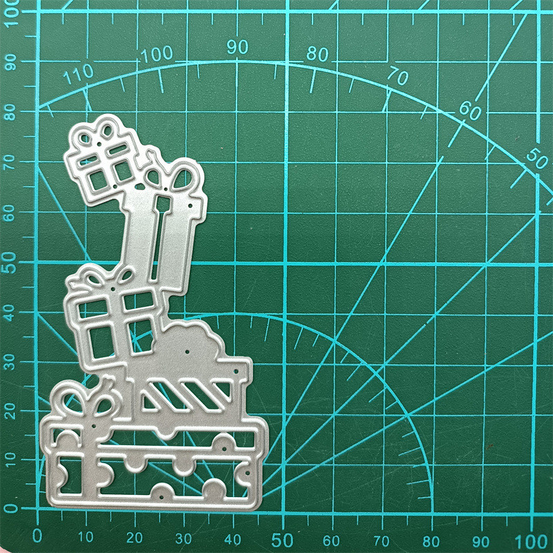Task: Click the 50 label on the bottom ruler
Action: coord(282,540)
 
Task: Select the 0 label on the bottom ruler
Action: coord(37,536)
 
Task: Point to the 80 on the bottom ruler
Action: coord(431,541)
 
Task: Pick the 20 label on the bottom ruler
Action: coord(134,538)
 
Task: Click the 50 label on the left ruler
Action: coord(10,263)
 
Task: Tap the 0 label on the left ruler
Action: coord(10,508)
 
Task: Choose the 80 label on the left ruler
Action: coord(10,113)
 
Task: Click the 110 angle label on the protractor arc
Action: coord(78,74)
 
